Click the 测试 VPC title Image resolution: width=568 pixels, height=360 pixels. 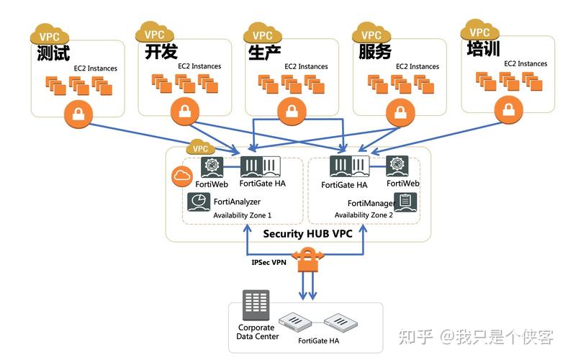[53, 54]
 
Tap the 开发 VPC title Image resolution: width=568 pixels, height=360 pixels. [161, 52]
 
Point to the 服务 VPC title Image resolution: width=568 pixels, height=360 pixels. [374, 52]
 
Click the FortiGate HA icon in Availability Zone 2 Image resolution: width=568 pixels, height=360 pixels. [350, 167]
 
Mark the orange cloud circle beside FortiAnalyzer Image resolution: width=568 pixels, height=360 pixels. [180, 176]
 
